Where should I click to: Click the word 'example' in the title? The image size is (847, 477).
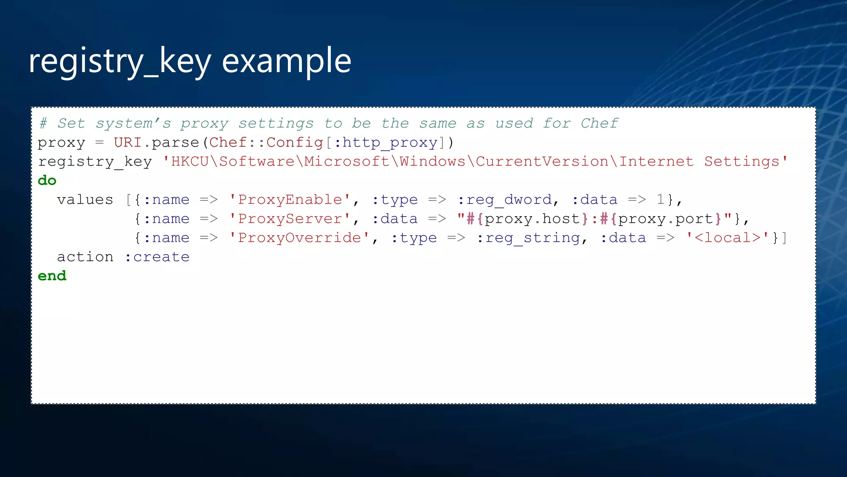click(286, 61)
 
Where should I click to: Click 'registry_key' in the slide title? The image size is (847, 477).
click(120, 61)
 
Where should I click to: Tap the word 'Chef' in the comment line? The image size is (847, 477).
click(599, 123)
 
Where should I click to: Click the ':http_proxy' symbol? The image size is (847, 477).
click(385, 142)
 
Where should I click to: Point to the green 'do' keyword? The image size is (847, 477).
click(47, 181)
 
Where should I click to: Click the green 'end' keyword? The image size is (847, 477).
click(52, 276)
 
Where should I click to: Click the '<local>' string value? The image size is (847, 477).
click(727, 238)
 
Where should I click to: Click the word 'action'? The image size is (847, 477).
click(85, 257)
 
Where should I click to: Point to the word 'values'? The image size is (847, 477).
click(85, 200)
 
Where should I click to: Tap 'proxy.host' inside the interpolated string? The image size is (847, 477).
click(532, 219)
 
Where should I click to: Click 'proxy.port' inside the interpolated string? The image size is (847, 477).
click(666, 219)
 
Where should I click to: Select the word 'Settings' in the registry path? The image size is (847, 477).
click(742, 161)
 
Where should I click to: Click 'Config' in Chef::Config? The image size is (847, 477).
click(294, 142)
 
